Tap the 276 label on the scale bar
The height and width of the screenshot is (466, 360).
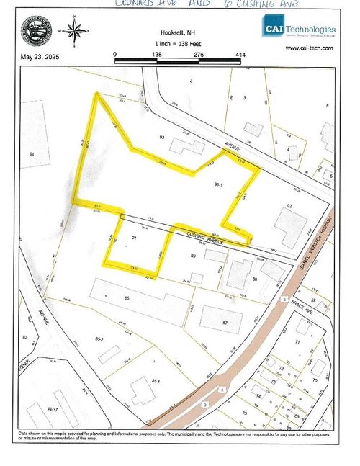[x=198, y=54]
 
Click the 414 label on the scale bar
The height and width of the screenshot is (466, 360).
[x=240, y=54]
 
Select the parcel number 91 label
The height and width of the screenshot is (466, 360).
[x=135, y=238]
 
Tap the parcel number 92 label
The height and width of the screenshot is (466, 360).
[x=289, y=207]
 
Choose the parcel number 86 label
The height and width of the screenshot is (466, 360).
[x=127, y=297]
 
